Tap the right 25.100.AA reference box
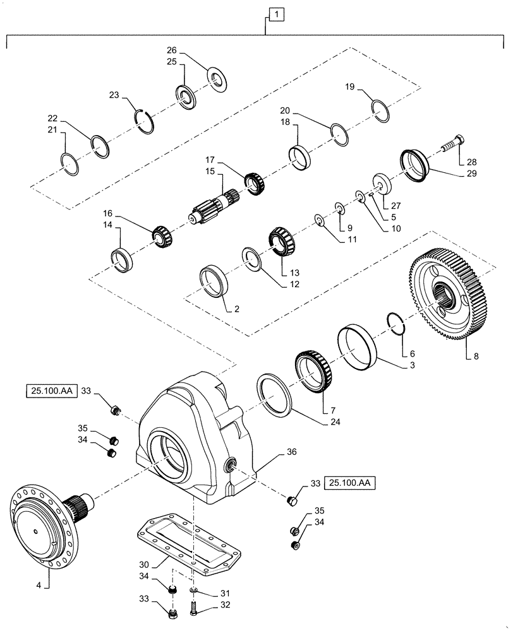coord(351,484)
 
